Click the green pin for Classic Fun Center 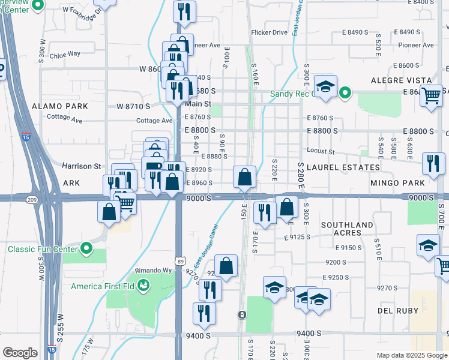86,248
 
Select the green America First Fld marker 143,286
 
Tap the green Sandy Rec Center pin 345,93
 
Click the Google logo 20,352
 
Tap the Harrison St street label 82,166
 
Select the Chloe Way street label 65,53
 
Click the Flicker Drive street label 270,32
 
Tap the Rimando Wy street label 155,270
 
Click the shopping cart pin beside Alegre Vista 431,94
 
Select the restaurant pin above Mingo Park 433,161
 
